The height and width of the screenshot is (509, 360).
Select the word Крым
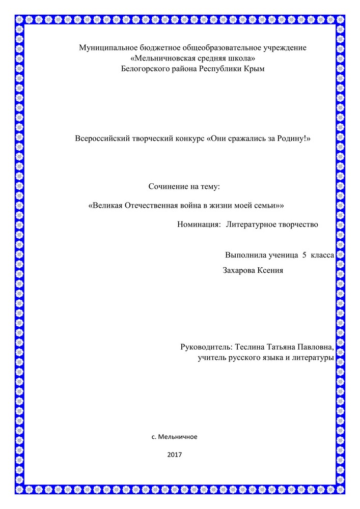256,68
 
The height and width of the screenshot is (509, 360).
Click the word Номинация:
199,224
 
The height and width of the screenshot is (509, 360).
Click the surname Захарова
241,270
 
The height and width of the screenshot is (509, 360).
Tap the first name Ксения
272,270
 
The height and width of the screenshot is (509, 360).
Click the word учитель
212,358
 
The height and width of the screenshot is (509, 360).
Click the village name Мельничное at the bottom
178,437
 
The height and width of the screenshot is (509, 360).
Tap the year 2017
175,454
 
